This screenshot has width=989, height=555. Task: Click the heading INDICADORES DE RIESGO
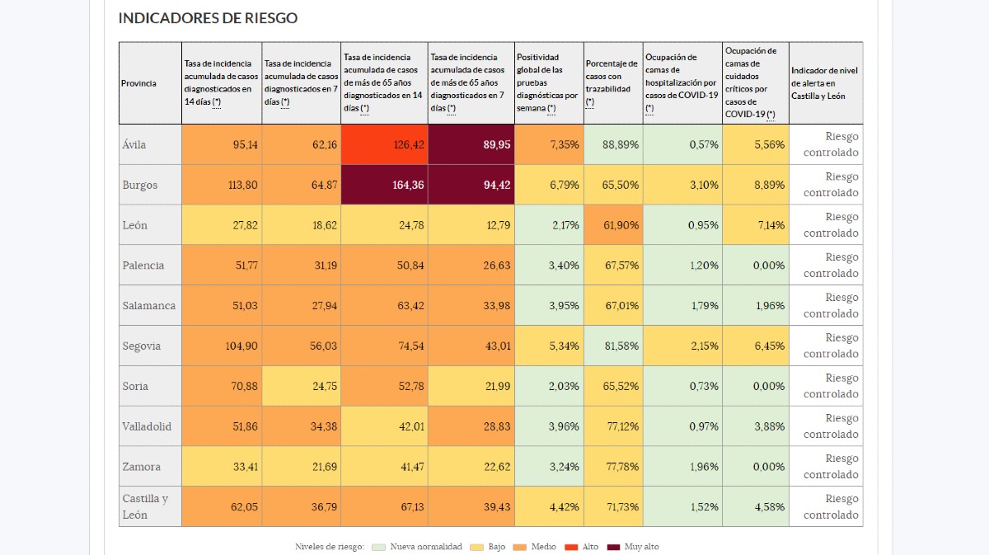208,17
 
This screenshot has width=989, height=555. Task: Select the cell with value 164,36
384,185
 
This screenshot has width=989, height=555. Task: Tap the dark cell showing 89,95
471,144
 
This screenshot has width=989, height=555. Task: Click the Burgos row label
140,185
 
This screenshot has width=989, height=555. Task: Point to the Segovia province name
142,346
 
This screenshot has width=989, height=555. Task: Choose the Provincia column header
138,83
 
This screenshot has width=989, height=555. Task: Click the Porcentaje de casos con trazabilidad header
612,82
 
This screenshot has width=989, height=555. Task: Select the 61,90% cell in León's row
613,225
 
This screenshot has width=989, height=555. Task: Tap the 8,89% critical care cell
755,185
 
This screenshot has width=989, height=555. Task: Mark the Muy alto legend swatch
612,547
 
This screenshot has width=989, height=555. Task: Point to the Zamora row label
142,467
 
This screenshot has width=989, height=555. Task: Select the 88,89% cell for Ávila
613,144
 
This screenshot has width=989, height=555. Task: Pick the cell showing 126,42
384,144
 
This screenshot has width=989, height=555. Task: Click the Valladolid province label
147,426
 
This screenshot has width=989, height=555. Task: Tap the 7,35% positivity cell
549,144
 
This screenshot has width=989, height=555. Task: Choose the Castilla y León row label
145,506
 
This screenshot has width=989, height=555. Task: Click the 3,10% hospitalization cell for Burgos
682,185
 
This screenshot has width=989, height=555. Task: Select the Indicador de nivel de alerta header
824,83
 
